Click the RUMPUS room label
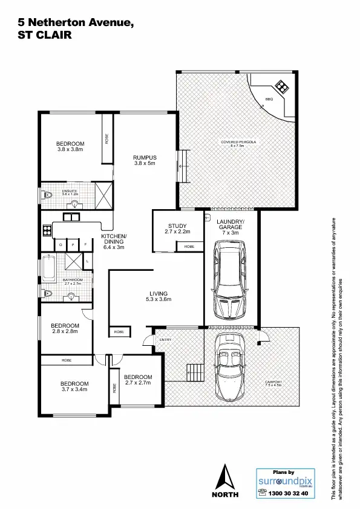pyautogui.click(x=145, y=160)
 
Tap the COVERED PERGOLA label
pyautogui.click(x=238, y=143)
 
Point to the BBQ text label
pyautogui.click(x=269, y=99)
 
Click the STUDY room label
pyautogui.click(x=177, y=229)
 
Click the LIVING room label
pyautogui.click(x=159, y=296)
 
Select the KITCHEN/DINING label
pyautogui.click(x=114, y=241)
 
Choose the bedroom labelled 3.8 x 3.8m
pyautogui.click(x=70, y=146)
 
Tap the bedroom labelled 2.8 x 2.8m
pyautogui.click(x=65, y=329)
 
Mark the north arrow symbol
pyautogui.click(x=225, y=478)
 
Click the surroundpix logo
pyautogui.click(x=283, y=482)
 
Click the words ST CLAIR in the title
pyautogui.click(x=45, y=35)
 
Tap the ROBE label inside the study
pyautogui.click(x=189, y=247)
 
